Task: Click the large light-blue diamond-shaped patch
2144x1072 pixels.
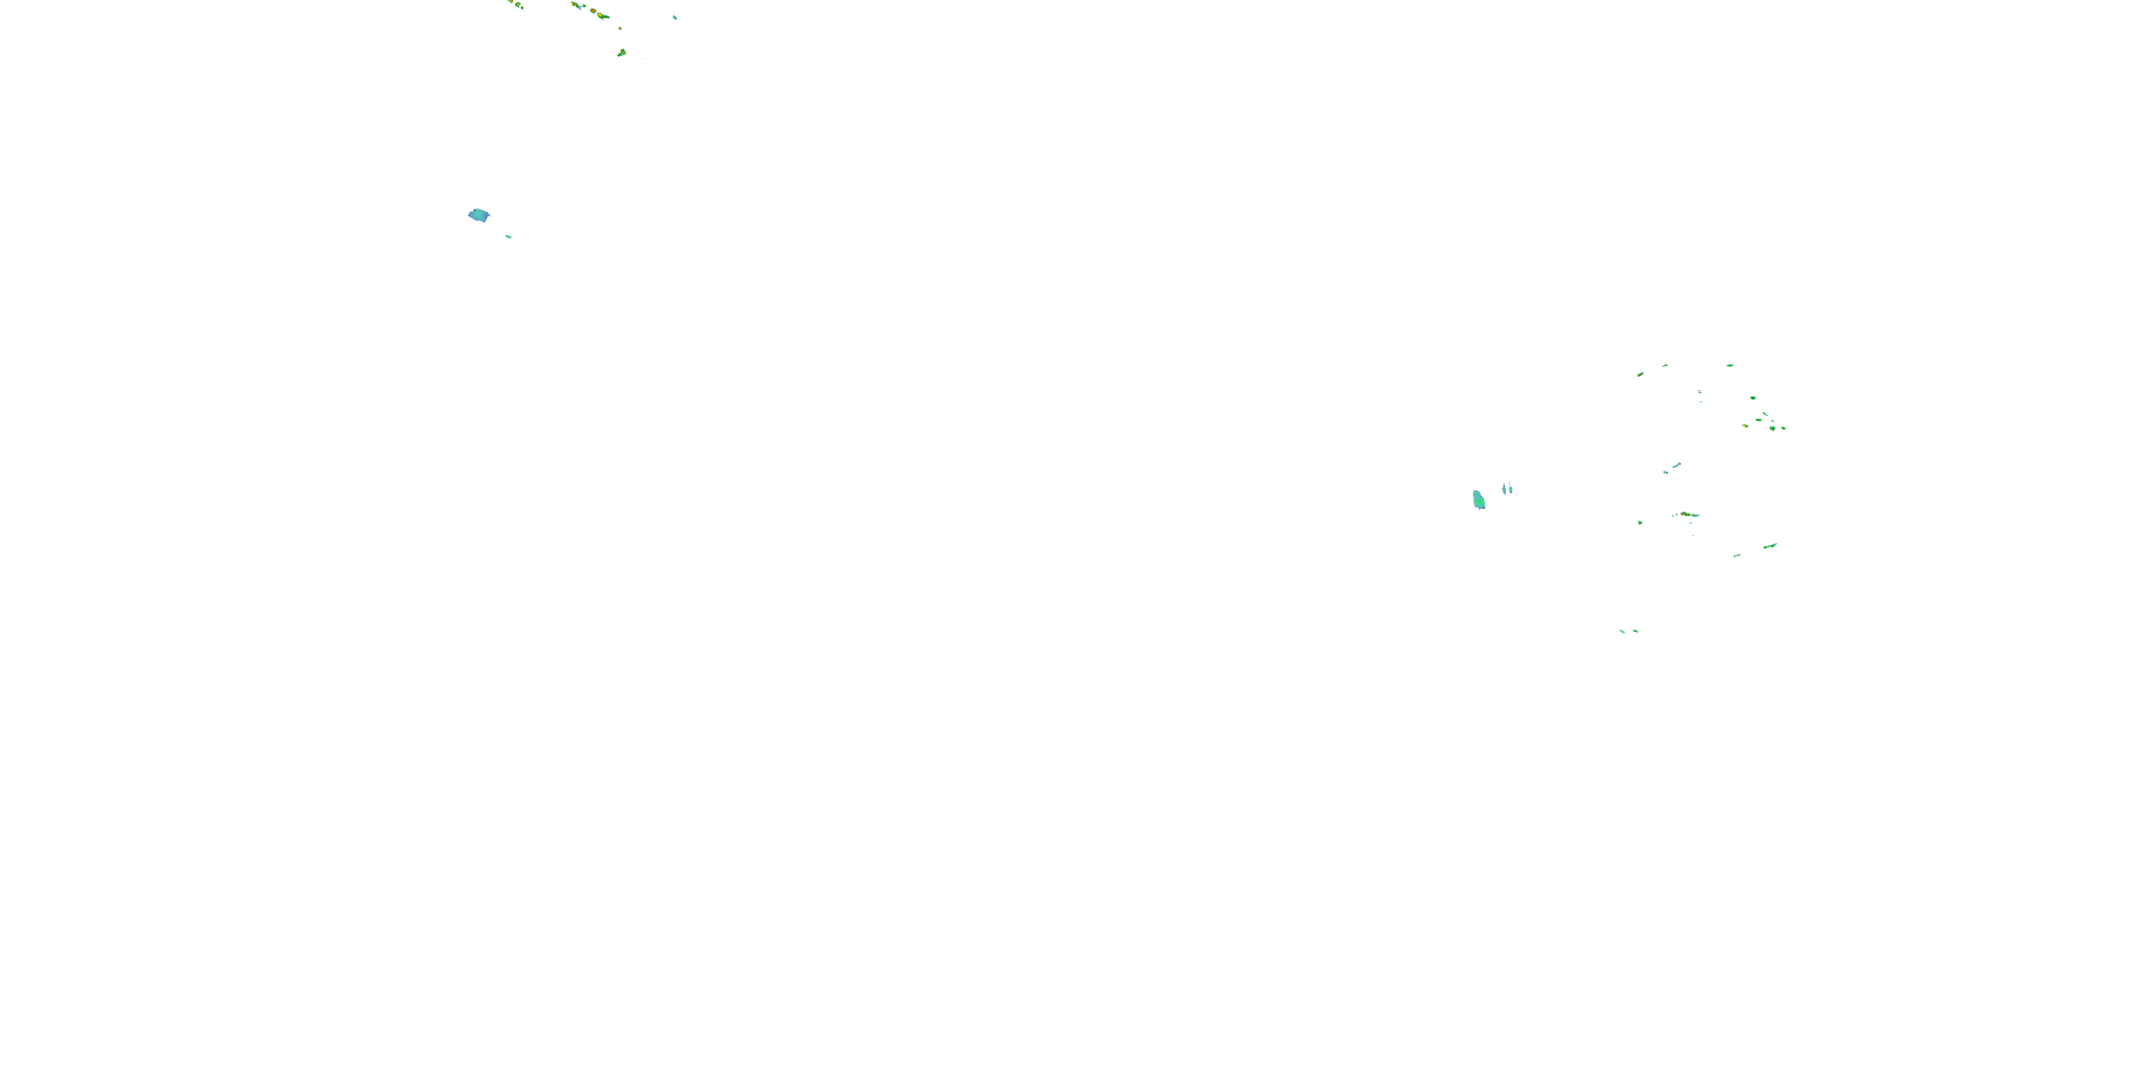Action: pyautogui.click(x=479, y=216)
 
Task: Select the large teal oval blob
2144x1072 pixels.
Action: pyautogui.click(x=1479, y=500)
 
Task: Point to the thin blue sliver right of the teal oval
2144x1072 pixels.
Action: pyautogui.click(x=1504, y=489)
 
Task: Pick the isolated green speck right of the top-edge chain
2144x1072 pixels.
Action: pyautogui.click(x=674, y=16)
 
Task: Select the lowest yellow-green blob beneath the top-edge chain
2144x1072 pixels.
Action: pyautogui.click(x=622, y=52)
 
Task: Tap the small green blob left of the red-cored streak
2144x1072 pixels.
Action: pyautogui.click(x=1639, y=522)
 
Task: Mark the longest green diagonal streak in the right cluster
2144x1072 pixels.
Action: pyautogui.click(x=1770, y=546)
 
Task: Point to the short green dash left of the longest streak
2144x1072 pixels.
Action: pyautogui.click(x=1737, y=555)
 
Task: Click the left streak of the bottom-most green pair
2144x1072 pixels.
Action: pyautogui.click(x=1622, y=631)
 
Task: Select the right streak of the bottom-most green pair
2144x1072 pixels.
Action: pyautogui.click(x=1635, y=631)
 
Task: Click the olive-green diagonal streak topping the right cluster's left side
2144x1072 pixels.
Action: pyautogui.click(x=1640, y=374)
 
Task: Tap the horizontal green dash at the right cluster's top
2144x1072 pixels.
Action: pyautogui.click(x=1729, y=365)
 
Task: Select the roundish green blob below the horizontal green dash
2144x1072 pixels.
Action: pyautogui.click(x=1753, y=398)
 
